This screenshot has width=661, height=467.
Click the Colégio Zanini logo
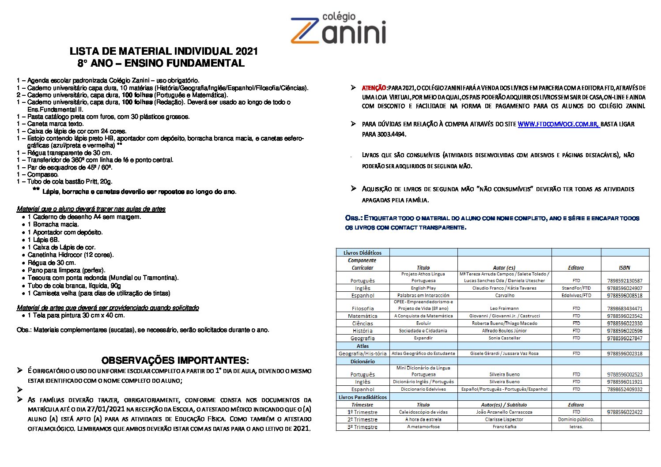tap(338, 28)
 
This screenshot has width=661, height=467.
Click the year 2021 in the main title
tap(246, 51)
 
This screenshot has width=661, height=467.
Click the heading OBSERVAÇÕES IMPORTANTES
tap(175, 360)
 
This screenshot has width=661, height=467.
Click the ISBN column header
tap(624, 267)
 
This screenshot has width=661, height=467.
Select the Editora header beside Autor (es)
tap(576, 267)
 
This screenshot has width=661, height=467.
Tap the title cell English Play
tap(423, 288)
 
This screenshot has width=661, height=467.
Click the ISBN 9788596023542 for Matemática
tap(624, 316)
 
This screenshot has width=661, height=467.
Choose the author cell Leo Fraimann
tap(504, 309)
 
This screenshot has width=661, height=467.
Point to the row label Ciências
tap(363, 324)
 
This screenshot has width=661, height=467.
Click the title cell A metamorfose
tap(423, 427)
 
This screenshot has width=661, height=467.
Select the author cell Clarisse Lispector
tap(504, 419)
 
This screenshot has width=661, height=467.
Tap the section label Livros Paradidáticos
tap(363, 397)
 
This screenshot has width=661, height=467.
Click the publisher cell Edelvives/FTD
tap(576, 295)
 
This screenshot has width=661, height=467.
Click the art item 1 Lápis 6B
tap(43, 240)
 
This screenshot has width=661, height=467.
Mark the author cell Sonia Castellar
tap(504, 338)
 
